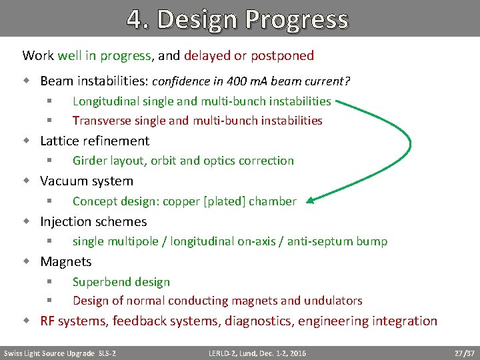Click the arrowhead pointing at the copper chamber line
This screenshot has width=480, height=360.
click(313, 199)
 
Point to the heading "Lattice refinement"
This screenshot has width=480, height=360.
click(95, 141)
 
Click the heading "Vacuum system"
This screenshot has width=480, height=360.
click(87, 181)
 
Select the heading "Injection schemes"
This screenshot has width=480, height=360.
click(93, 221)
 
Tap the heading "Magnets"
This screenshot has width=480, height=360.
click(66, 261)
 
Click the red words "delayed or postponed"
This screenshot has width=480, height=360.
click(258, 55)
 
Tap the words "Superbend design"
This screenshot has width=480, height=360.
click(121, 282)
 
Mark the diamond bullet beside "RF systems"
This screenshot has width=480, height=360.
click(27, 321)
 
